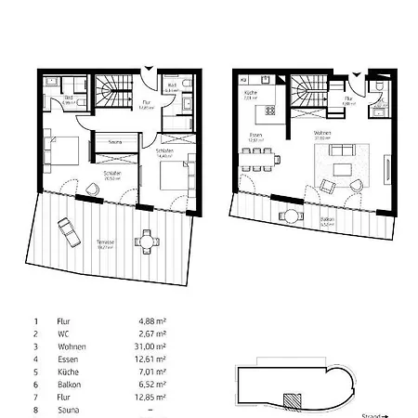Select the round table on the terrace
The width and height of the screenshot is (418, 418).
[146, 241]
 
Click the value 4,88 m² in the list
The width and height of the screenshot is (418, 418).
[150, 321]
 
